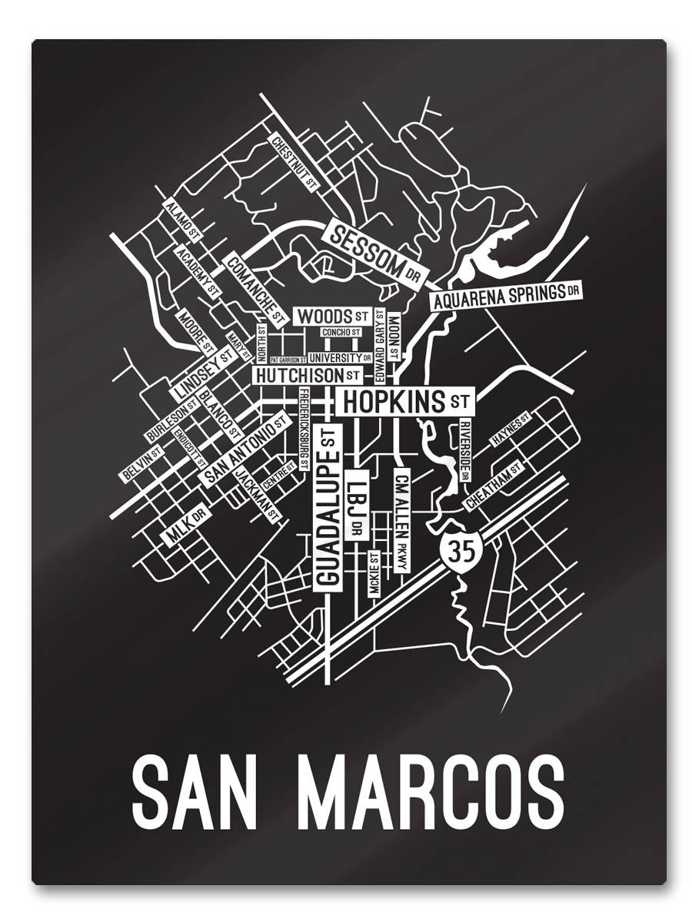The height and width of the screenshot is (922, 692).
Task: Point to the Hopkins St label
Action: [x=404, y=401]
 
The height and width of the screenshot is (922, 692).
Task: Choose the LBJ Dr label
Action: [x=357, y=501]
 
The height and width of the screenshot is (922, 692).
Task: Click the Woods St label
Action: [x=333, y=316]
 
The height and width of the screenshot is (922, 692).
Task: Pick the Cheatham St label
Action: [x=493, y=486]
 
